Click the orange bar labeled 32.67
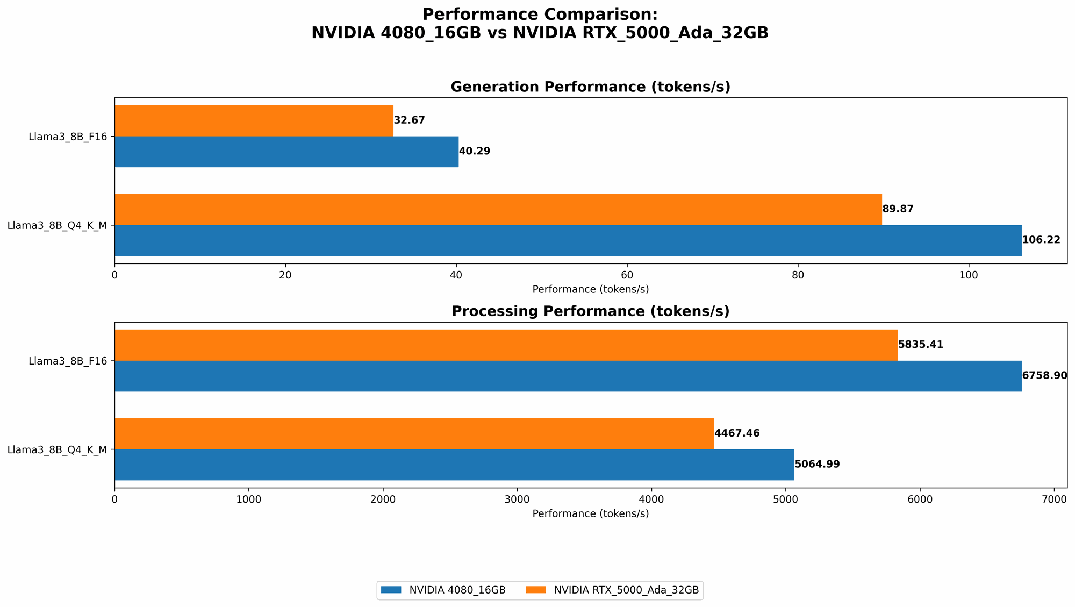(254, 120)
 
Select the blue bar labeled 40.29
(286, 152)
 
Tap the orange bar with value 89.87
(498, 209)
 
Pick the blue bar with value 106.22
(568, 240)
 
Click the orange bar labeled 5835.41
(506, 345)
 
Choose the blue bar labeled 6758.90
(568, 376)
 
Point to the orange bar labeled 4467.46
(414, 433)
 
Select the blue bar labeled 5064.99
(454, 465)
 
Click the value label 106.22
(1041, 240)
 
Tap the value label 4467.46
(737, 433)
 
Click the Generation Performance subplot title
(590, 87)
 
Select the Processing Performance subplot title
(590, 311)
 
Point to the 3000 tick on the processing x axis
(517, 499)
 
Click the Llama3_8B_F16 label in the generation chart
(67, 137)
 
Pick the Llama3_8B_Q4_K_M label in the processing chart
(57, 449)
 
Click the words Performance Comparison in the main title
(540, 15)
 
